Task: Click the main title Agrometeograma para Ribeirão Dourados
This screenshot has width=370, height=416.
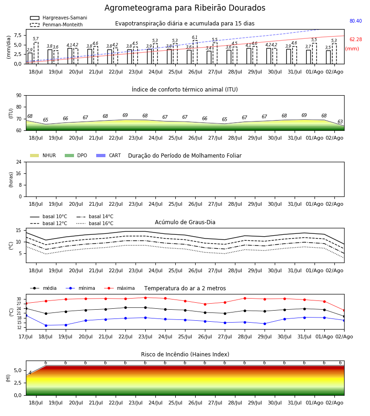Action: (x=185, y=8)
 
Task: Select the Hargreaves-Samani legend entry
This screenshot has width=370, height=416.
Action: (x=59, y=18)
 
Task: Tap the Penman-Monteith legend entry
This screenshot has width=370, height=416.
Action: (x=56, y=24)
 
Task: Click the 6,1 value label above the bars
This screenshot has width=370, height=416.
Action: (x=195, y=37)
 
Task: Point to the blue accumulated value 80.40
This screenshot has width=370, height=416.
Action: (x=356, y=21)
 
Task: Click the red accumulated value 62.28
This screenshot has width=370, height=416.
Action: (x=356, y=40)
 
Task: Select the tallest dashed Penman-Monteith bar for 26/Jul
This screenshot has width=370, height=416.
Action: (x=195, y=52)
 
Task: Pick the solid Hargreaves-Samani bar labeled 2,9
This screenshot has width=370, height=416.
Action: (x=30, y=58)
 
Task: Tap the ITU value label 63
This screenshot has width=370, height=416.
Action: (x=340, y=122)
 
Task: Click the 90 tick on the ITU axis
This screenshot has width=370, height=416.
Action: (x=19, y=96)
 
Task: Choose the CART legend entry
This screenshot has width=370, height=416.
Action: (x=109, y=155)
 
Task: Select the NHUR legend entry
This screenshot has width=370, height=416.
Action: (x=43, y=155)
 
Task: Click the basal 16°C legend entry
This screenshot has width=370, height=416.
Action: (x=95, y=223)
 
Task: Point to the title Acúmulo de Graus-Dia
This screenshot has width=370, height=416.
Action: (x=185, y=222)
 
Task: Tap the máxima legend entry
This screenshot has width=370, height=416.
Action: (x=119, y=288)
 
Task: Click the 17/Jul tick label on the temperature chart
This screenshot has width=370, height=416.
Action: (x=26, y=336)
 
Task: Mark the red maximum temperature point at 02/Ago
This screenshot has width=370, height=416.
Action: (x=344, y=311)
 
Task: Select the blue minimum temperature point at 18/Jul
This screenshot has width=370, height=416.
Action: (x=46, y=325)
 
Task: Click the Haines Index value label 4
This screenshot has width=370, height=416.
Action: (x=30, y=373)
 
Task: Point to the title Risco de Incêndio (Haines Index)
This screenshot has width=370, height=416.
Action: (x=185, y=355)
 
